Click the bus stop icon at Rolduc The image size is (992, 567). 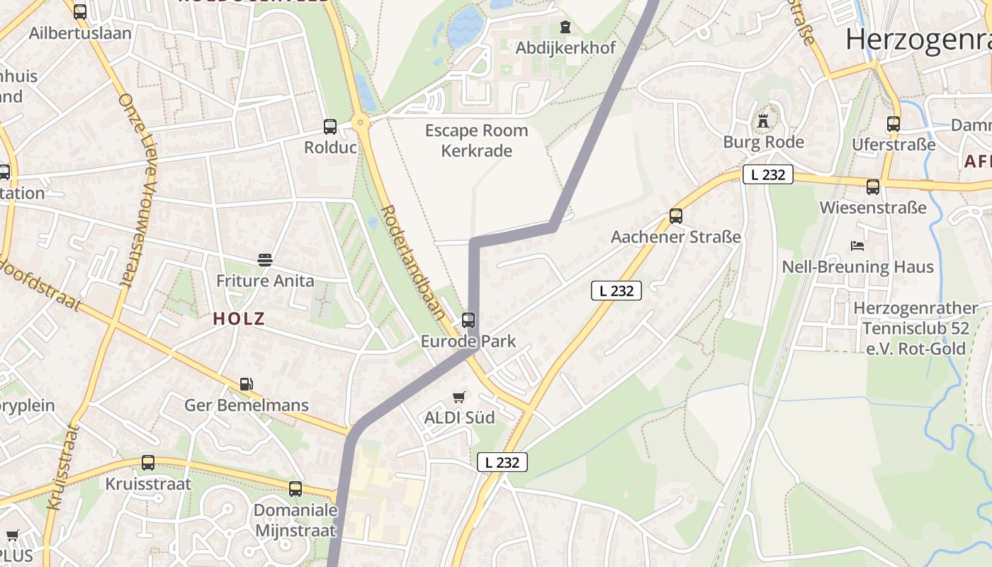coord(330,127)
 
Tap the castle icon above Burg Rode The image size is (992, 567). coord(763,121)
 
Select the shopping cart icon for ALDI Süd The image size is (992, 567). coord(459,397)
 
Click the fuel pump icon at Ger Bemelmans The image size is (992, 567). coord(246,384)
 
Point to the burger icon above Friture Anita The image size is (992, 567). coord(265,260)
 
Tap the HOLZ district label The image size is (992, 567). coord(239,319)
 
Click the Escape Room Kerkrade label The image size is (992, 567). coord(476,140)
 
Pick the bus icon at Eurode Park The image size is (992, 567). coord(468,320)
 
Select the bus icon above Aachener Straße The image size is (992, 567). coord(676,216)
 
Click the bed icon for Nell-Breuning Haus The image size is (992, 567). coord(857,246)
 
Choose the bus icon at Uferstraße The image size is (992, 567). coord(894,124)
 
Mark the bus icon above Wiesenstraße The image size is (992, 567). coord(873,187)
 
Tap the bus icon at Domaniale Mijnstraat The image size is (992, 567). coord(295,489)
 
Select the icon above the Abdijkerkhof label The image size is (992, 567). coord(565,28)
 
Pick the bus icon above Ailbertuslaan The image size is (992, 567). coord(80,12)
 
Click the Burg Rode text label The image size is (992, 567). coord(763,142)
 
